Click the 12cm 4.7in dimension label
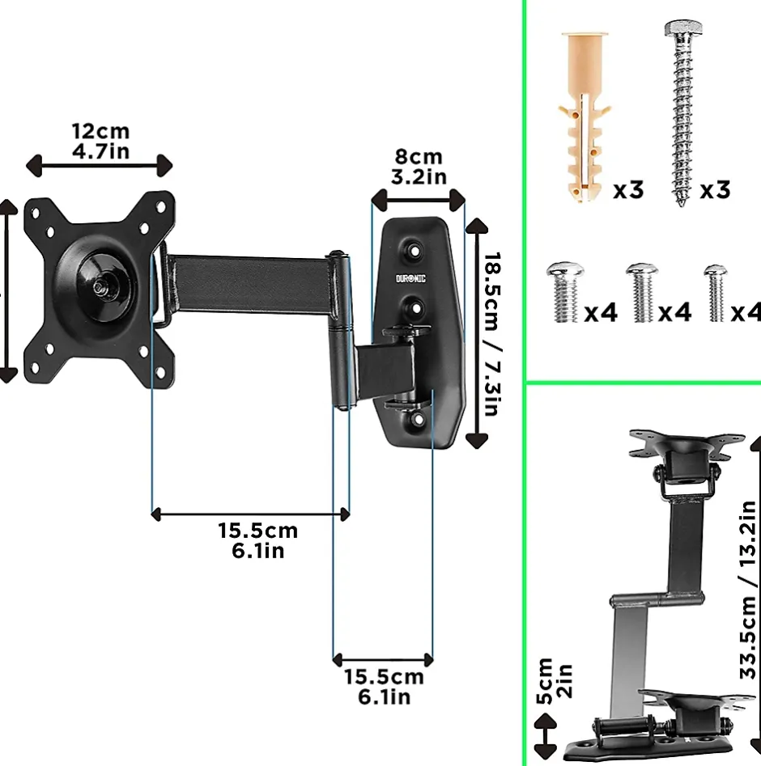(x=100, y=140)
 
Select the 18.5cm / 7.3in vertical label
(x=491, y=332)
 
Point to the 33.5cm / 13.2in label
(x=746, y=590)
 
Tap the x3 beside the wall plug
(x=628, y=190)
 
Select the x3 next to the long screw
(x=715, y=190)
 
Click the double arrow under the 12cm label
(x=100, y=166)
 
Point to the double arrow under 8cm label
(x=418, y=197)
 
